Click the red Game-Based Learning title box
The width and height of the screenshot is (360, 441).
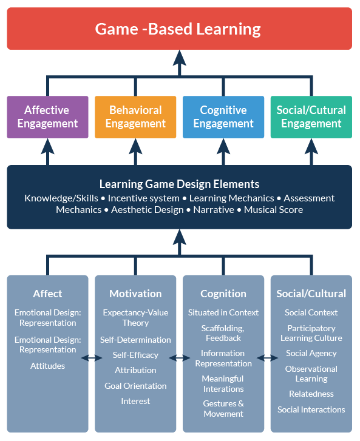179,29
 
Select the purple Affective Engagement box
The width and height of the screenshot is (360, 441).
47,117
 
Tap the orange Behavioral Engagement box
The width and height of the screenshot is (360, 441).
135,117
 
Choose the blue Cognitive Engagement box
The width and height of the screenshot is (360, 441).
223,117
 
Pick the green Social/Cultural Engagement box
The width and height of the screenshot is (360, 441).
311,117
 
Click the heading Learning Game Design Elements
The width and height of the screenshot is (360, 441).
179,184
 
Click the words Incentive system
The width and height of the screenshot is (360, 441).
144,198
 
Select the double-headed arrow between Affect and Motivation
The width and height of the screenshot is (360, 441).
92,358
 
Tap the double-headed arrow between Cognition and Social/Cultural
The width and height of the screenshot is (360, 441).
267,358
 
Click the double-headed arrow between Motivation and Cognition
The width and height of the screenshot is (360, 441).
179,358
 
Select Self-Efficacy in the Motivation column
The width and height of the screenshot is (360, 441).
135,355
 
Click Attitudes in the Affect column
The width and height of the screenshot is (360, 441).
47,366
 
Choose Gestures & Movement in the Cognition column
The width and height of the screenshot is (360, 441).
223,408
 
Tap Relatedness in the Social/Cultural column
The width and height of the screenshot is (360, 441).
311,394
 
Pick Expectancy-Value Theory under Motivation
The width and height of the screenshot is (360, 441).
135,318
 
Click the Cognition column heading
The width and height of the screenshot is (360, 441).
223,294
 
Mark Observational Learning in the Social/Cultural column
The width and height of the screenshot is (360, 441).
311,374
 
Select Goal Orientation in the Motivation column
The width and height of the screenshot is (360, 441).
135,386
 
